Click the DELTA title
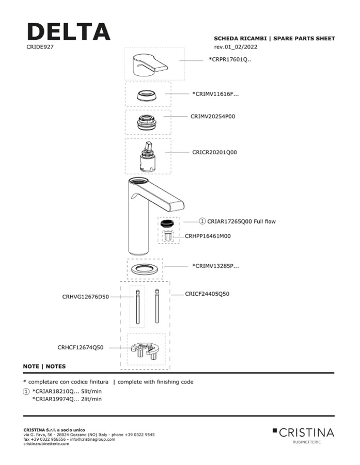click(68, 31)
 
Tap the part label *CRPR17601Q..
click(229, 59)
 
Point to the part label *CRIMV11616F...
click(215, 94)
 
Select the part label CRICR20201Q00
click(214, 153)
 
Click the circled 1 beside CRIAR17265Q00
click(202, 221)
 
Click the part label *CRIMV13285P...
click(215, 266)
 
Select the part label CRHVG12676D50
click(85, 297)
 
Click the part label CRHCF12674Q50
click(81, 347)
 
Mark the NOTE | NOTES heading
click(44, 366)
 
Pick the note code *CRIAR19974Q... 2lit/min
click(67, 399)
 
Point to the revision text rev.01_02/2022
click(236, 47)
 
